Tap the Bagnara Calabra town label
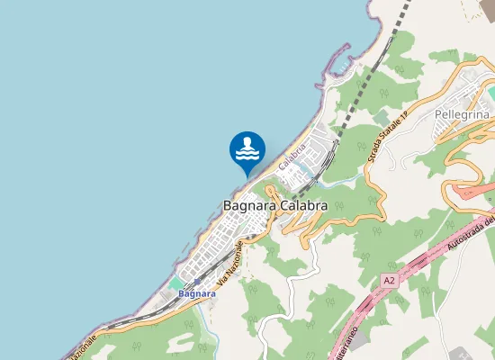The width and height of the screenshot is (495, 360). point(274,206)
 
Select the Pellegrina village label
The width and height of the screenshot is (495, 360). point(461,115)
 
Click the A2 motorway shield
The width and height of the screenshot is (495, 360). point(388,281)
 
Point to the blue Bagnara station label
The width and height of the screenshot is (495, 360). point(197,293)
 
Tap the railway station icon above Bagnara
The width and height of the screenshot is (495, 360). point(197,282)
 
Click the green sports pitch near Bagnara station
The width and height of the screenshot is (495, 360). point(175,284)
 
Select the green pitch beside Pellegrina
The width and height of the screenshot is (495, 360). point(491,93)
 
